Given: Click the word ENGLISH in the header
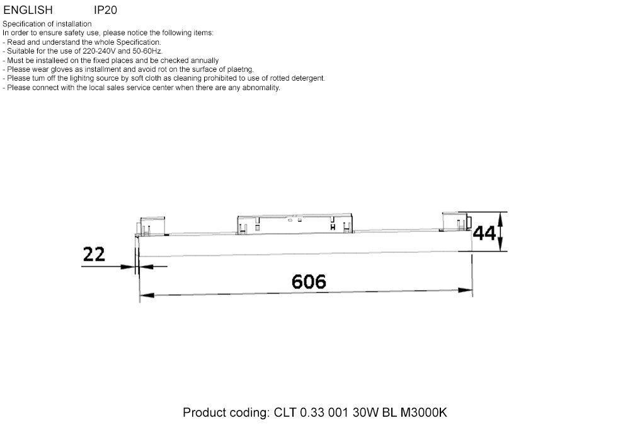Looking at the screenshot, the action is [28, 10].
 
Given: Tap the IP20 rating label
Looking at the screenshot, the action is [105, 10].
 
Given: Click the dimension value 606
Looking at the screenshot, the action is [309, 281].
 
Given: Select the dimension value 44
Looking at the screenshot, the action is [484, 234].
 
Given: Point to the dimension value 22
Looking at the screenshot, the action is [94, 255].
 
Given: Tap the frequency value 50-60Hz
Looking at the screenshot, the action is [147, 51].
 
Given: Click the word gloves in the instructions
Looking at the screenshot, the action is [61, 69].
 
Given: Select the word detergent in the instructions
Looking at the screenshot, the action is [308, 78].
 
